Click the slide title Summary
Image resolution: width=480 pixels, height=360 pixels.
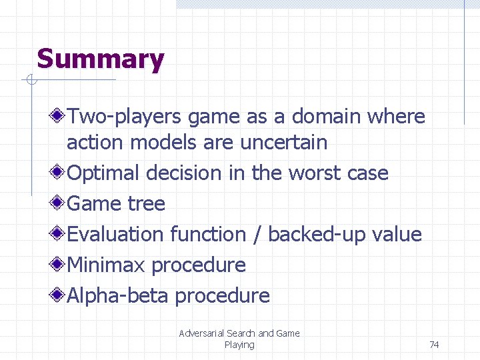coord(100,59)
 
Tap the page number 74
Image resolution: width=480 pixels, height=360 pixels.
coord(434,345)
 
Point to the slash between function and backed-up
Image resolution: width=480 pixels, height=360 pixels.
coord(257,235)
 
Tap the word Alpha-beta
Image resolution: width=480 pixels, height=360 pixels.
coord(117,295)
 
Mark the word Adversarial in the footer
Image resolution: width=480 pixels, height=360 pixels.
coord(201,333)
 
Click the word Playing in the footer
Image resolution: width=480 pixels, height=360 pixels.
coord(239,345)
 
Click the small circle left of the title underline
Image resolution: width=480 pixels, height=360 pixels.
coord(29,81)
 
